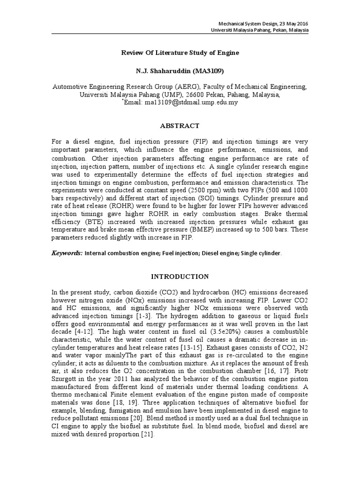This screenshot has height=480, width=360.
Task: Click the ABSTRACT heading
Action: click(x=180, y=126)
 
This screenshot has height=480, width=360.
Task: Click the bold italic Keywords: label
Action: click(x=67, y=253)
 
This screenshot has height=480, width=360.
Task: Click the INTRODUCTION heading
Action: click(x=180, y=277)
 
